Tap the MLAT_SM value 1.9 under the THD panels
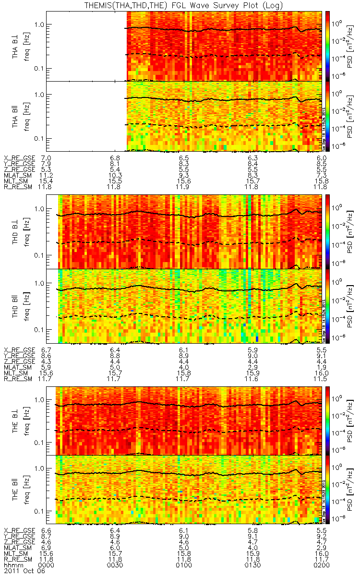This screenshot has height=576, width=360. pyautogui.click(x=322, y=367)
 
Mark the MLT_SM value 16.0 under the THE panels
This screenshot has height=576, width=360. pyautogui.click(x=321, y=552)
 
